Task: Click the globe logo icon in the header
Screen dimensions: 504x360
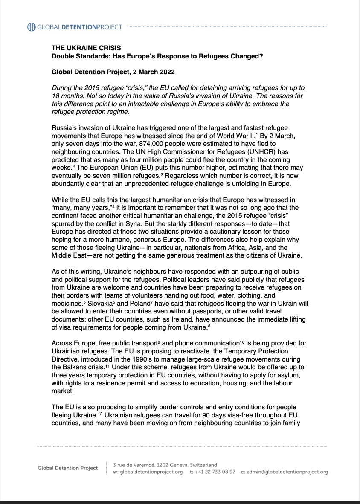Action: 32,27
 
